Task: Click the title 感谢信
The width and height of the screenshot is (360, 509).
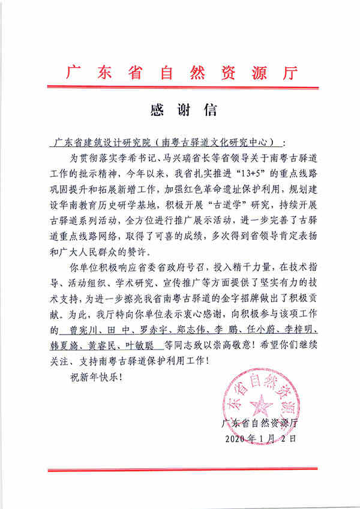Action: click(181, 110)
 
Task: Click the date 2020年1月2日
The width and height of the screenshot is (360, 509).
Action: click(260, 438)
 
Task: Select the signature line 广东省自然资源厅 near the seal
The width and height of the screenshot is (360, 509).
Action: click(260, 423)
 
